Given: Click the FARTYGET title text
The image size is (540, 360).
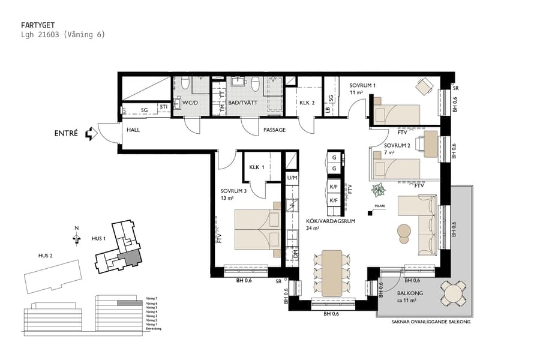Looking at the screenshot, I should pos(37,25).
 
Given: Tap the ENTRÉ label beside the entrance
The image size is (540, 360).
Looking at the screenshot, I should pos(66,134).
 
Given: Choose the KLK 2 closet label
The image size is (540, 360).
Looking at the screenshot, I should pos(307,103).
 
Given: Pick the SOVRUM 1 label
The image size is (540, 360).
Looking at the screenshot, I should pos(362,85).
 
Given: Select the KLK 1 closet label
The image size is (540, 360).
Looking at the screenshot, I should pos(257,169).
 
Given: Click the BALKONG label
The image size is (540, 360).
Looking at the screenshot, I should pos(410,293).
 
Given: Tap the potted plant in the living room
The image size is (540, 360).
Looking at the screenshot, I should pos(379,191).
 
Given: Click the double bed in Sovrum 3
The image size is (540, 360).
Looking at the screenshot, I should pos(256,229).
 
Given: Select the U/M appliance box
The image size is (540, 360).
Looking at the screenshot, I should pos(292,178).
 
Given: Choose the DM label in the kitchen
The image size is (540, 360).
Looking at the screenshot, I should pos(295,254).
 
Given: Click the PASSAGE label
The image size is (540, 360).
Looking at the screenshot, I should pos(274,130).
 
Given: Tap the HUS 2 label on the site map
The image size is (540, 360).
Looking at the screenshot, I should pos(46,256).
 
